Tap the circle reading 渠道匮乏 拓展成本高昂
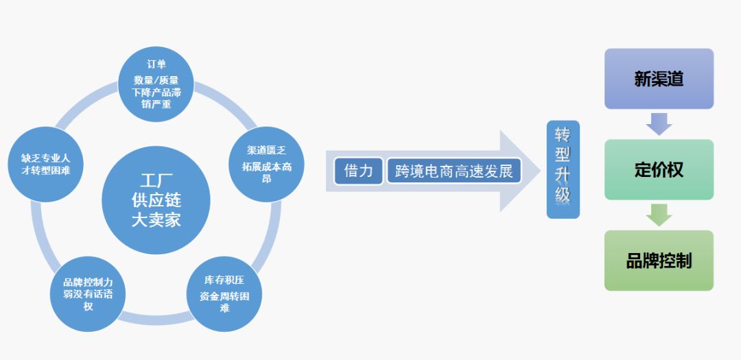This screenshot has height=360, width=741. point(266,165)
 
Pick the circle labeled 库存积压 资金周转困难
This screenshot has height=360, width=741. point(224,293)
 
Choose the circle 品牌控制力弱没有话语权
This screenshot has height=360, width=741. point(88,293)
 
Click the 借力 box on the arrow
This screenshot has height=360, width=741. point(358,171)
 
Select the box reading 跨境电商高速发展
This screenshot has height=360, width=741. point(454,171)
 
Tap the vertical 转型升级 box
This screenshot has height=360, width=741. point(563,169)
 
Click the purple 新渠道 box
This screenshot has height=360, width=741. point(659,79)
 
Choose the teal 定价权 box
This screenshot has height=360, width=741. point(659,169)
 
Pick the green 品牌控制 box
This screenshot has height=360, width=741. point(659,261)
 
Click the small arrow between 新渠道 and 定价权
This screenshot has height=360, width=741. point(659,123)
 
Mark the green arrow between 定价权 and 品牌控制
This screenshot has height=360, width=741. point(659,215)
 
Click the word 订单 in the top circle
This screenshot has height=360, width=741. point(156,64)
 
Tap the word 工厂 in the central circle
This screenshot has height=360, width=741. point(156,182)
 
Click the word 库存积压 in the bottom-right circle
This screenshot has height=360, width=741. point(224,280)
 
